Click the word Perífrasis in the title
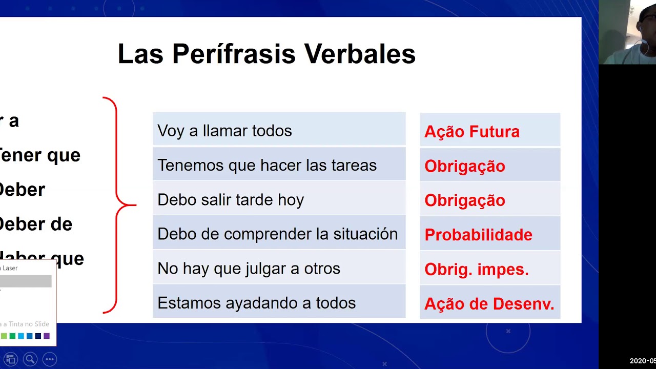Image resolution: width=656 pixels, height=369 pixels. coord(234,54)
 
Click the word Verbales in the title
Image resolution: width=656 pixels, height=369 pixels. coord(359,54)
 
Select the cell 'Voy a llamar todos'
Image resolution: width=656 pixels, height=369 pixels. coord(279,131)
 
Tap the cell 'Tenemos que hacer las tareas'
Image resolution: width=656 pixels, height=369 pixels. coord(279,165)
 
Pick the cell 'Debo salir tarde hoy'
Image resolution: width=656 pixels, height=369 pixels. coord(279,199)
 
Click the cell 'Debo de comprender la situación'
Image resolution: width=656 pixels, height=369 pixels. coord(279,234)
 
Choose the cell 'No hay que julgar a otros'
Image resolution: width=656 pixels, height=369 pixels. coord(279,268)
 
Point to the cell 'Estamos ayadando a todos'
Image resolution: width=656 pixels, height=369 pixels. coord(279,302)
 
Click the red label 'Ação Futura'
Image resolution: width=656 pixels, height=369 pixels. coord(471,132)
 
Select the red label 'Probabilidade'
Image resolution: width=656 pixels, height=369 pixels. coord(478,235)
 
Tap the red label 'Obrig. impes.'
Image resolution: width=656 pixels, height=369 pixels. coord(476,269)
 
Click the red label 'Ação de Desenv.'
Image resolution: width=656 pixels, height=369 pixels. coord(489,304)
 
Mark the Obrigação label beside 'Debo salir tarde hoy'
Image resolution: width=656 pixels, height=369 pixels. coord(464,200)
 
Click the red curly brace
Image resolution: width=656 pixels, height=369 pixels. coord(117,205)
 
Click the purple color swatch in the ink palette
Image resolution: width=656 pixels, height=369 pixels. coord(47,336)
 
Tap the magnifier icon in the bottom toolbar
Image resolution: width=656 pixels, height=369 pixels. coord(30,359)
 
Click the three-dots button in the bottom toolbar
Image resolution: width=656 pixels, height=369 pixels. coord(49,359)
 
